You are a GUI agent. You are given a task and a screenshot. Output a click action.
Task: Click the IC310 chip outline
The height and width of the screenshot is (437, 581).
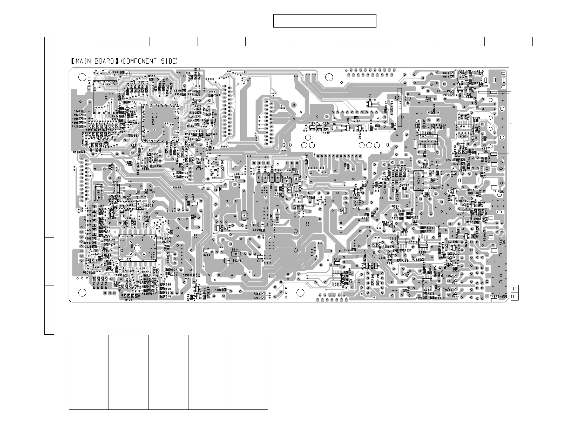point(161,123)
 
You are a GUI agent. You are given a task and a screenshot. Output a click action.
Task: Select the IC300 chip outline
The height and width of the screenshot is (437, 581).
point(137,248)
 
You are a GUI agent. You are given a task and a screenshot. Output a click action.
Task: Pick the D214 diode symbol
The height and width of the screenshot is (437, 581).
point(236,254)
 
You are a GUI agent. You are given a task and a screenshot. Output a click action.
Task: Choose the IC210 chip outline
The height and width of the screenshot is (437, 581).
point(337,278)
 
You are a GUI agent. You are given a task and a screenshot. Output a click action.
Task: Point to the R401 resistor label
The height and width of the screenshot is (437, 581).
point(116,72)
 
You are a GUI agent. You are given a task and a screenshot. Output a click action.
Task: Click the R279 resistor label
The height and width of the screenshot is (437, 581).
point(76,152)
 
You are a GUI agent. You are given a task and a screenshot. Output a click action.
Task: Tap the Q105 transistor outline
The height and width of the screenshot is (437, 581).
point(370,104)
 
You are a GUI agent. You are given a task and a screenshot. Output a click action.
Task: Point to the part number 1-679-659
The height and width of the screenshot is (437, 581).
point(499,297)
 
